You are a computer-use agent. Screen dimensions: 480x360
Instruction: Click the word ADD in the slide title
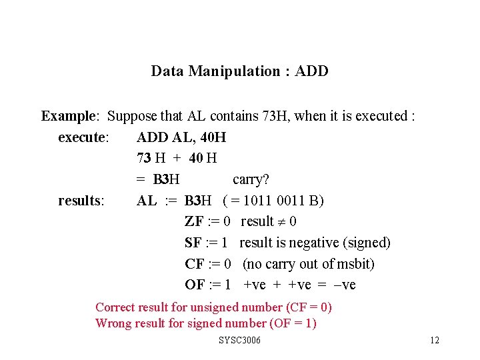tap(311, 71)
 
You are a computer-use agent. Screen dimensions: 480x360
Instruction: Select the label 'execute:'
tap(84, 137)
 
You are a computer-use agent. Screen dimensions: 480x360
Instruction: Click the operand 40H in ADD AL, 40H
tap(212, 137)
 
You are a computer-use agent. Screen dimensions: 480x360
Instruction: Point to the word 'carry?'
tap(251, 179)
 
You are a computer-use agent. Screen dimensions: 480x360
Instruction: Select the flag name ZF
tap(194, 221)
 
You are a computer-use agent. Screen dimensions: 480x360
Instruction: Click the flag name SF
tap(193, 243)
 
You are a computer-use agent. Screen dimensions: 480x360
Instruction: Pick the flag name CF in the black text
tap(194, 264)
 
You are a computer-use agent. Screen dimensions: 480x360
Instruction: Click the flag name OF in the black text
tap(195, 285)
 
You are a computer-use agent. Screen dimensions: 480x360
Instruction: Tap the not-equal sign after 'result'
tap(282, 222)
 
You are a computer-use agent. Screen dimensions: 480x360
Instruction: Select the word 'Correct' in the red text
tap(114, 307)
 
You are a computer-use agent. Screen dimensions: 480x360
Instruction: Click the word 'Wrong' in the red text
tap(113, 323)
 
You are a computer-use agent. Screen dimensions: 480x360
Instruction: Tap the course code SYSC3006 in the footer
tap(239, 341)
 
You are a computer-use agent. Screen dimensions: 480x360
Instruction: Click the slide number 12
tap(435, 341)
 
